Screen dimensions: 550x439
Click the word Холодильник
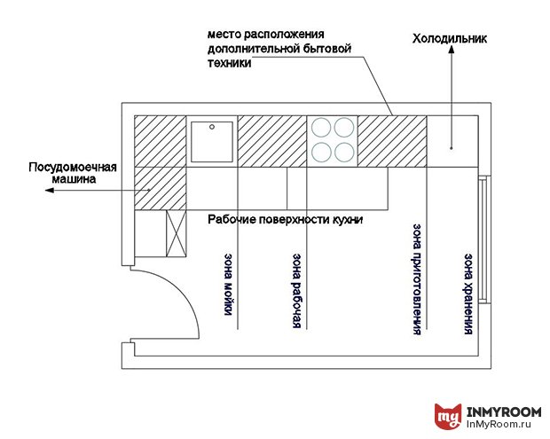point(450,38)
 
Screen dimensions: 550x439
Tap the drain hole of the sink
point(212,127)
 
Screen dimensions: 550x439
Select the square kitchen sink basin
point(212,142)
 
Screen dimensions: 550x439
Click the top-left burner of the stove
point(321,128)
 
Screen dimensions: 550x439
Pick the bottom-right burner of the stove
point(344,153)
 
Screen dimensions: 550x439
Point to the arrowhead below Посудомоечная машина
point(50,191)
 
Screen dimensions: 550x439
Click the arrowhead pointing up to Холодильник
point(452,49)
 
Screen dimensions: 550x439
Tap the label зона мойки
point(228,284)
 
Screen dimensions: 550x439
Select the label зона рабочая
point(297,291)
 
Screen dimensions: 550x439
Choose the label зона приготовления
point(417,279)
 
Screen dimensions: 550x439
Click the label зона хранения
point(468,294)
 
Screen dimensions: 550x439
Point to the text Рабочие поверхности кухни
point(285,220)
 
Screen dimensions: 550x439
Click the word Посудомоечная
point(73,168)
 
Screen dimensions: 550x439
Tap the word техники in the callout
point(230,63)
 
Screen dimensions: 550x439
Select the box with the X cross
point(176,233)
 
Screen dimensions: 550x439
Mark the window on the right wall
point(484,239)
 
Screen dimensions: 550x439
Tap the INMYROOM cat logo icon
point(448,417)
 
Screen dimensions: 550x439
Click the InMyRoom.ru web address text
point(499,424)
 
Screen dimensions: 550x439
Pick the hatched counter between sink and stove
point(272,141)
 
